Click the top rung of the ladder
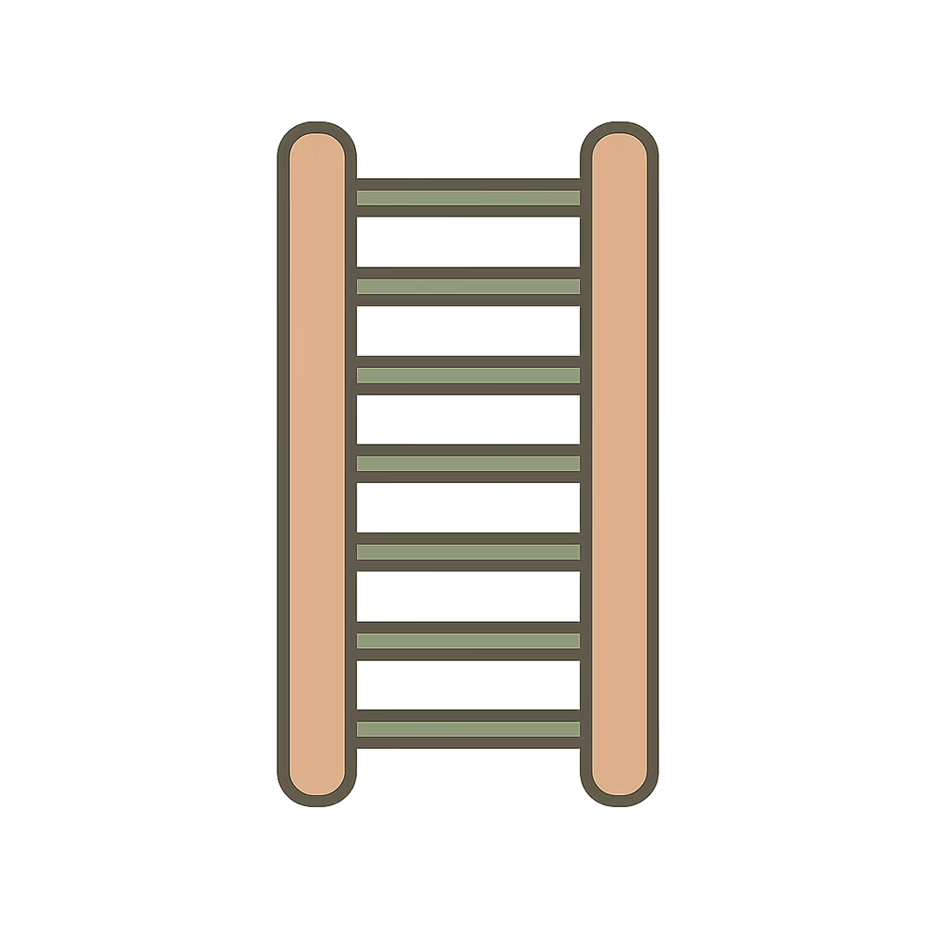pyautogui.click(x=467, y=197)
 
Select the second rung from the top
pyautogui.click(x=467, y=286)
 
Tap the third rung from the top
pyautogui.click(x=467, y=374)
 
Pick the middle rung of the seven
pyautogui.click(x=467, y=463)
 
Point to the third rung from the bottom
pyautogui.click(x=467, y=552)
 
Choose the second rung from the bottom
pyautogui.click(x=467, y=640)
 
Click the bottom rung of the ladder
pyautogui.click(x=467, y=729)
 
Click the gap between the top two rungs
pyautogui.click(x=467, y=242)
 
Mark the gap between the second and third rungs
pyautogui.click(x=467, y=331)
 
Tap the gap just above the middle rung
pyautogui.click(x=467, y=419)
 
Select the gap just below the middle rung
pyautogui.click(x=467, y=508)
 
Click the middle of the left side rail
pyautogui.click(x=317, y=464)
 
